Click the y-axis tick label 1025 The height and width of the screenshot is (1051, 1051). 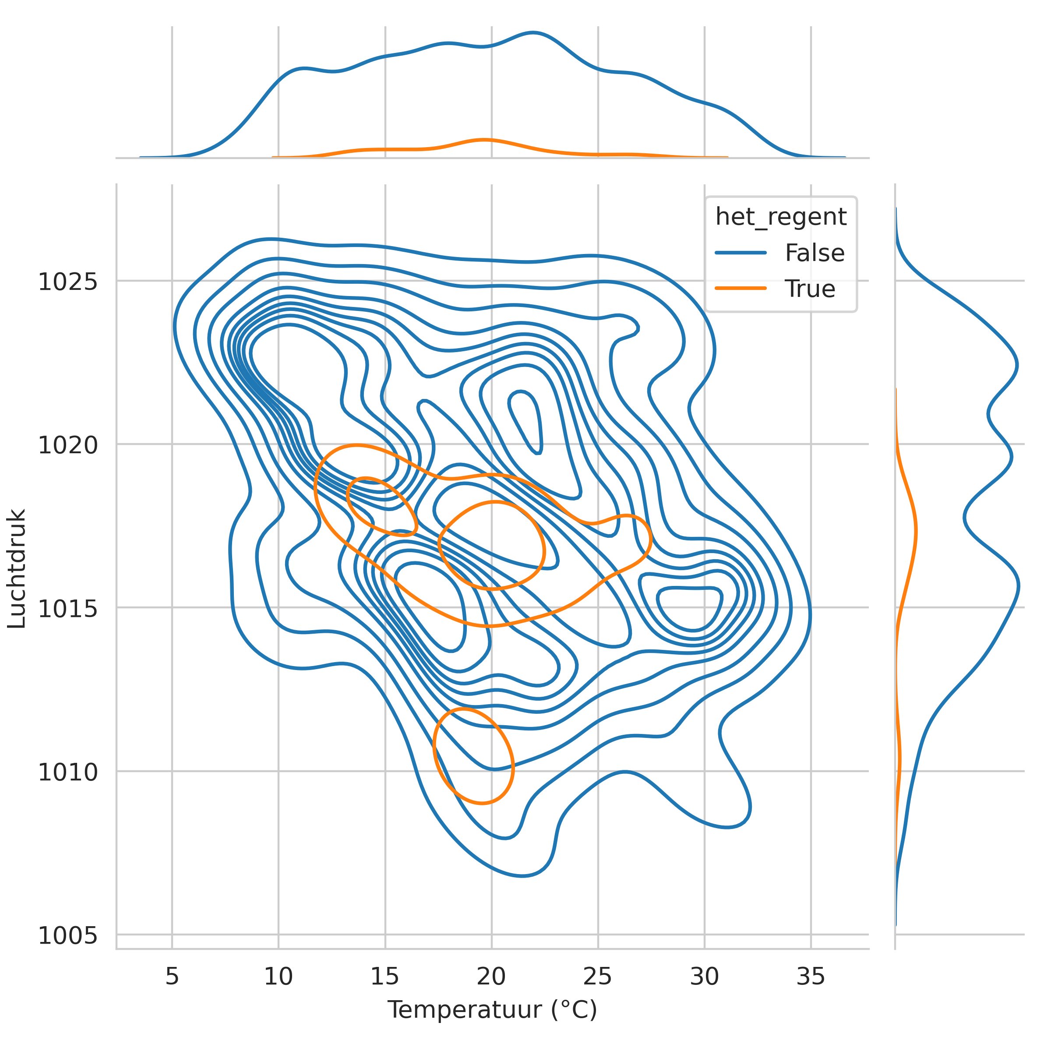(67, 282)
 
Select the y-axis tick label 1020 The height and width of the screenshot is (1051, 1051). (67, 445)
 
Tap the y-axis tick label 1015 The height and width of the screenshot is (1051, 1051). (67, 609)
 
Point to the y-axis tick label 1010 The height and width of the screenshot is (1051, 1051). (67, 772)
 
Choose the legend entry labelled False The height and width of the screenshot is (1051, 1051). (815, 253)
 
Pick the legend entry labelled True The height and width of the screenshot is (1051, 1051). (809, 289)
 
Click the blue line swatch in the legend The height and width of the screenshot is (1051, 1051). (741, 253)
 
